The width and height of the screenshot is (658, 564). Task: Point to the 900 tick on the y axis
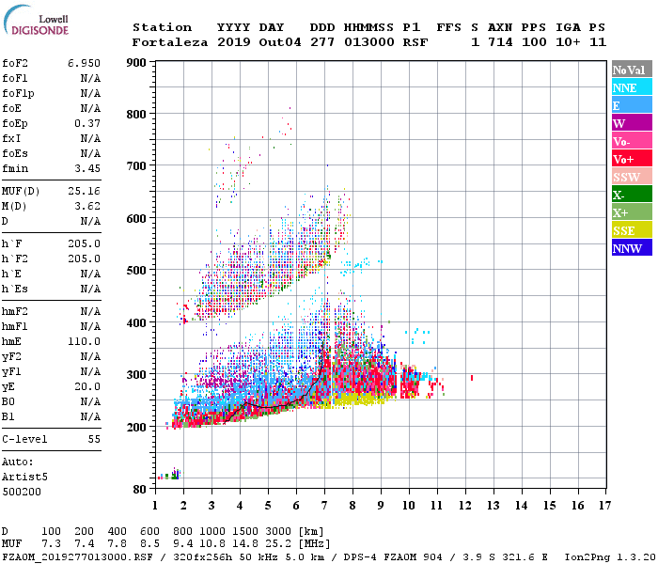[x=137, y=63]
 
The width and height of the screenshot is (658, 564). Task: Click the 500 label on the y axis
[x=137, y=271]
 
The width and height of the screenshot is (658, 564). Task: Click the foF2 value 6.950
[x=84, y=63]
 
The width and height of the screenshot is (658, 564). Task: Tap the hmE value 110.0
[x=84, y=341]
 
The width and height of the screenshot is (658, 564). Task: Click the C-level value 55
[x=94, y=439]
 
